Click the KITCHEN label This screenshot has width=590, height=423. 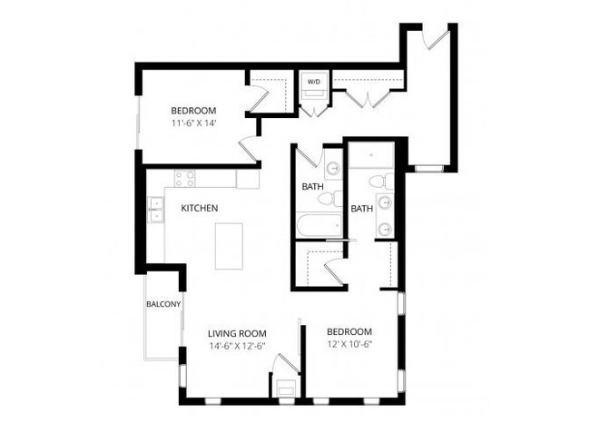[199, 208]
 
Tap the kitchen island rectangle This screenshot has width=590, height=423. [230, 245]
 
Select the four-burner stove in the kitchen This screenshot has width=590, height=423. [185, 179]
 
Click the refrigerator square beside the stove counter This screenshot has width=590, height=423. [248, 178]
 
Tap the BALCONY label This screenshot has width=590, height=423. [163, 304]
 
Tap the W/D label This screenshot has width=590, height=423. [314, 82]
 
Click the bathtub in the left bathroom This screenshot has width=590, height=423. [319, 225]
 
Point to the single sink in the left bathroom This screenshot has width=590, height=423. [332, 168]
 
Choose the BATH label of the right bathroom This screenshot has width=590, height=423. [362, 209]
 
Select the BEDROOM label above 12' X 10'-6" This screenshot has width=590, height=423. [349, 331]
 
